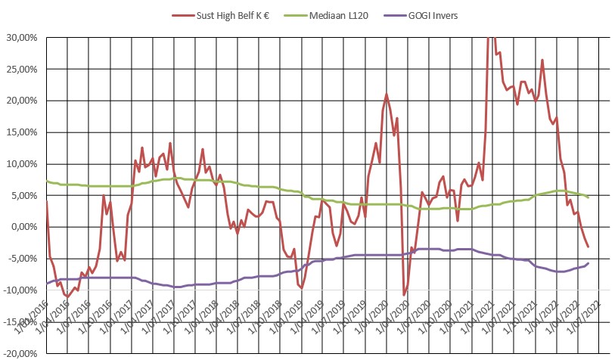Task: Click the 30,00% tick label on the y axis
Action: tap(21, 37)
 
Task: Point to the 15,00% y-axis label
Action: tap(21, 132)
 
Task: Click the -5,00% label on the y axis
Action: tap(22, 259)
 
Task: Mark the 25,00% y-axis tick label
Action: tap(21, 69)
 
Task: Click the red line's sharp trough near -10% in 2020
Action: tap(404, 294)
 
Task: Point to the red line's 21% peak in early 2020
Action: tap(387, 95)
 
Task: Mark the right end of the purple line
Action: tap(588, 262)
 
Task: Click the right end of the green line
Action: tap(588, 197)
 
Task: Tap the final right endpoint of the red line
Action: tap(588, 247)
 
